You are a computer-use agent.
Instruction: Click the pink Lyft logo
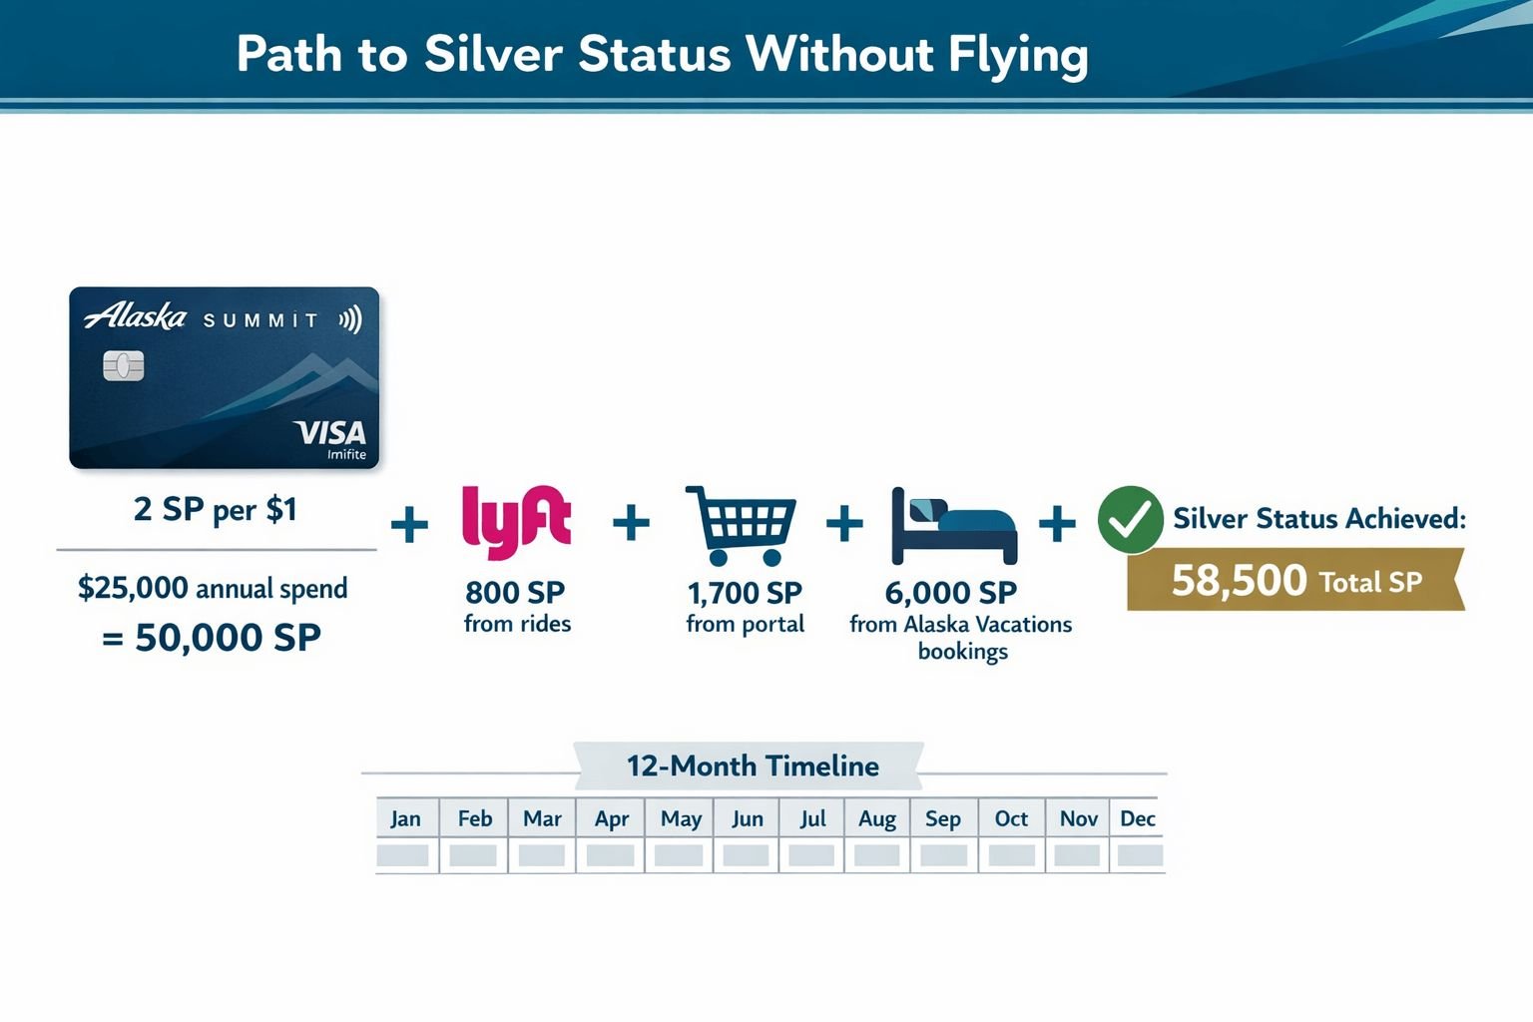click(516, 521)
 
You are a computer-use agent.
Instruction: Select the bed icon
click(953, 527)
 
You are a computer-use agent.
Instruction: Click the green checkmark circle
click(1130, 519)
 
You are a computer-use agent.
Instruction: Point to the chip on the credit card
click(124, 366)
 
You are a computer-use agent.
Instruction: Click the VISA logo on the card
click(330, 433)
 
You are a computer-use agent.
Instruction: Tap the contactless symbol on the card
click(349, 320)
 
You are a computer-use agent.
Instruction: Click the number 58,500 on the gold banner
click(1239, 581)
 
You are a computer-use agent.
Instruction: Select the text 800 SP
click(515, 593)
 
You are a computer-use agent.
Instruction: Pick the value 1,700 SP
click(745, 593)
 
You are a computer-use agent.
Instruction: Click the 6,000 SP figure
click(950, 593)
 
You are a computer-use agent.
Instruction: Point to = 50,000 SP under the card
click(212, 638)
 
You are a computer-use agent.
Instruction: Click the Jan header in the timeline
click(405, 819)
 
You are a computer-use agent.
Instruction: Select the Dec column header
click(1137, 819)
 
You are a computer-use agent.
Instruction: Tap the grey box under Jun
click(746, 855)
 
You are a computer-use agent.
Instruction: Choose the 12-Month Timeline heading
click(753, 766)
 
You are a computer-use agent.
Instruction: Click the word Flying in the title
click(1017, 55)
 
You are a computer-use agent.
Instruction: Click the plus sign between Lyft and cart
click(631, 522)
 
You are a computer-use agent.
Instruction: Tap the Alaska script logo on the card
click(136, 317)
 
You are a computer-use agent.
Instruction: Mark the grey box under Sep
click(943, 855)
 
